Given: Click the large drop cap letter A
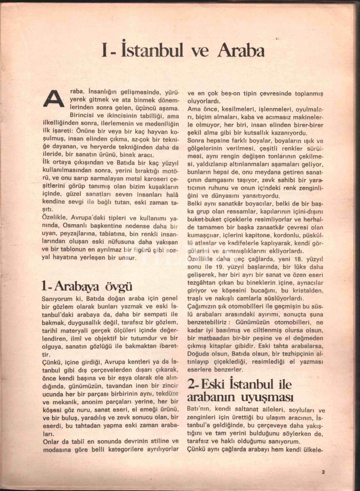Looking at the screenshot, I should [53, 98].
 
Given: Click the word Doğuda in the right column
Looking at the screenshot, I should [198, 354].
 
